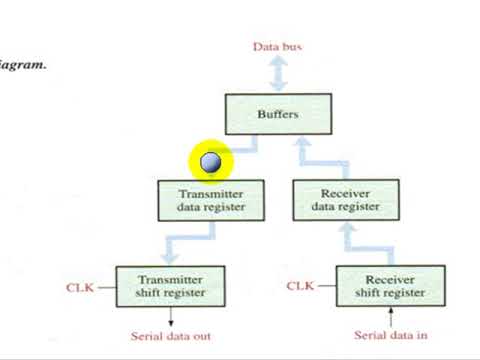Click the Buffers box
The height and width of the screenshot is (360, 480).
coord(277,114)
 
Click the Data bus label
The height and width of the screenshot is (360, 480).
coord(277,46)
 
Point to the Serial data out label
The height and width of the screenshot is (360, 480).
coord(171,336)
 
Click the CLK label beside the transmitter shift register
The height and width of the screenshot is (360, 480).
coord(80,287)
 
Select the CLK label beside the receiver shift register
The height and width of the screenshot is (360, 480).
coord(300,287)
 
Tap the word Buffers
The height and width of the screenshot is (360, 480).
coord(277,114)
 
